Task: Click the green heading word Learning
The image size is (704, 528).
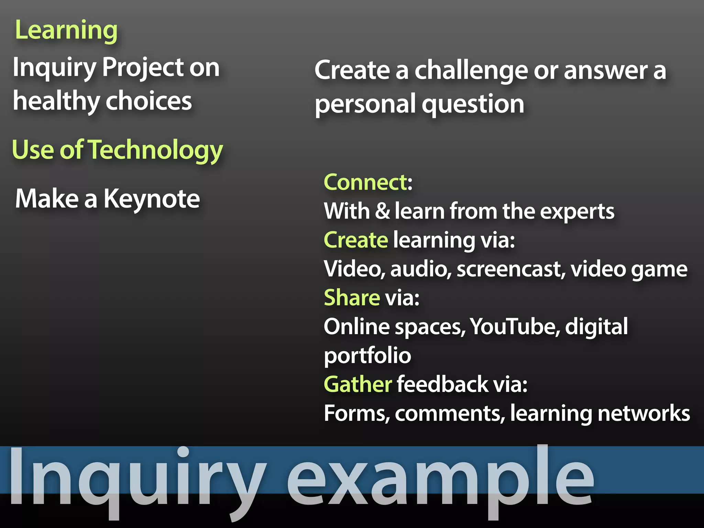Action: pyautogui.click(x=66, y=31)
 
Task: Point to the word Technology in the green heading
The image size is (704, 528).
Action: pyautogui.click(x=156, y=151)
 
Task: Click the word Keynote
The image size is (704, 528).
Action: pyautogui.click(x=152, y=199)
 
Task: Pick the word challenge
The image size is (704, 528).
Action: pyautogui.click(x=471, y=71)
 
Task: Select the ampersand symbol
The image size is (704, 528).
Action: pyautogui.click(x=383, y=211)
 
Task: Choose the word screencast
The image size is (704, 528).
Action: pyautogui.click(x=511, y=269)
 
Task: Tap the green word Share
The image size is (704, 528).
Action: pyautogui.click(x=352, y=298)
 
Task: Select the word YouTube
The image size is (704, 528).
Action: pyautogui.click(x=513, y=327)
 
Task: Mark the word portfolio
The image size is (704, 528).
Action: pyautogui.click(x=367, y=356)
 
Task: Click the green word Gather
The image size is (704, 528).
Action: pyautogui.click(x=357, y=384)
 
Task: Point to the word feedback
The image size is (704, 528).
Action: pyautogui.click(x=443, y=384)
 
